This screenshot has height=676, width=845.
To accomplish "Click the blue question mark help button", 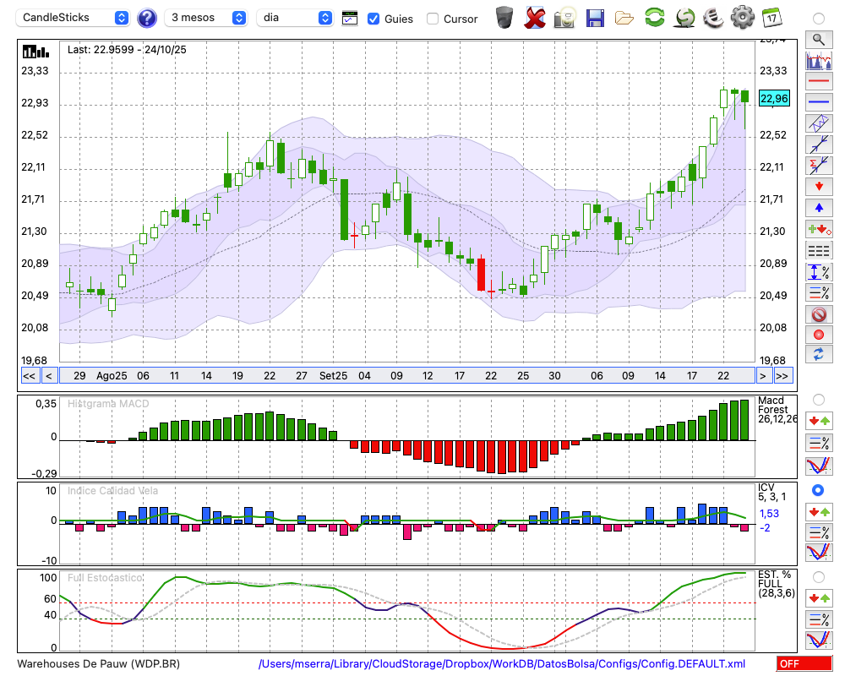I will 146,18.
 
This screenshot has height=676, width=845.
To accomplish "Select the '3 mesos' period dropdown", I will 206,18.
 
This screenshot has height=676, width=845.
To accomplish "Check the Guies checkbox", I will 373,19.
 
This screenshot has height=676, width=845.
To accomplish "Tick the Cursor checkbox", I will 433,19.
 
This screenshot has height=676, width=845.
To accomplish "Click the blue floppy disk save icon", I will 595,17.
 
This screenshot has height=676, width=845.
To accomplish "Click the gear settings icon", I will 742,17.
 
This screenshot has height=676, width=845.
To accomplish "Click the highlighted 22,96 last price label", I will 774,99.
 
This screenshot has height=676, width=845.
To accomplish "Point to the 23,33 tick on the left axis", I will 35,72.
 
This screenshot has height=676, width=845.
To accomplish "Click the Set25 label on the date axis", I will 333,375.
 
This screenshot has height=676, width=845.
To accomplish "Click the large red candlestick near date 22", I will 481,274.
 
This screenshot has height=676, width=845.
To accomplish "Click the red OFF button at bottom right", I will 804,664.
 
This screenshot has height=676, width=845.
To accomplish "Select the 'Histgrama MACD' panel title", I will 108,404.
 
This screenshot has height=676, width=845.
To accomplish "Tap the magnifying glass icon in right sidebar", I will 818,39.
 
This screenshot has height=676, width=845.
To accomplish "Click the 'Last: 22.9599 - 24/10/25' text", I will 127,50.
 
